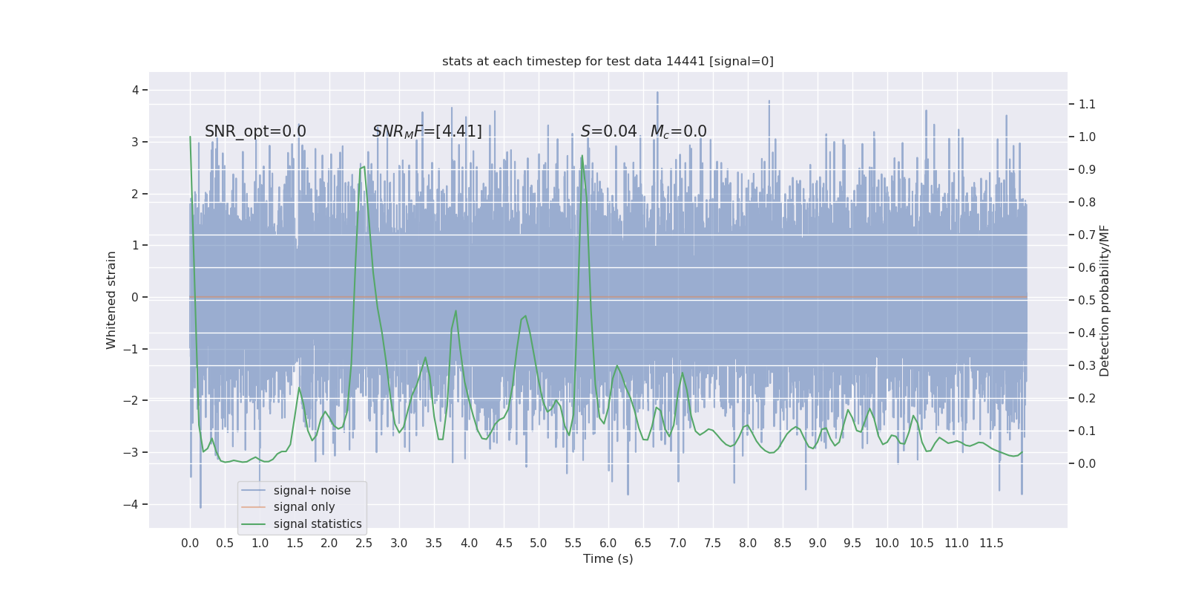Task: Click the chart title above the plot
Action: pos(608,61)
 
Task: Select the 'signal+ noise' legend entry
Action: pos(312,490)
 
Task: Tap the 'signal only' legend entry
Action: pos(303,507)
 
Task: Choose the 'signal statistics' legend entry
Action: pos(317,524)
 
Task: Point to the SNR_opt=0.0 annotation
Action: pos(255,131)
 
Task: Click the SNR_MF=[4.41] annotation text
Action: pos(427,131)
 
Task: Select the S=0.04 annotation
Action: pos(608,131)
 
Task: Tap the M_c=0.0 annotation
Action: pos(678,131)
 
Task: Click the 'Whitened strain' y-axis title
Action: pos(111,300)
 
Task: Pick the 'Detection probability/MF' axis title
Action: pos(1105,300)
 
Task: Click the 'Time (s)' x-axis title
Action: pos(608,558)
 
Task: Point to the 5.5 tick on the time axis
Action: pos(573,543)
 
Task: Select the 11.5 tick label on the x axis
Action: pos(991,543)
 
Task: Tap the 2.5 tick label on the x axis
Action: pos(364,543)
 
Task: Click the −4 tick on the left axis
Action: pos(134,504)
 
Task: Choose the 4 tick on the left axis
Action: pos(135,90)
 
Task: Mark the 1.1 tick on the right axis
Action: pos(1087,104)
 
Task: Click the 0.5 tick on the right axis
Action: pos(1087,300)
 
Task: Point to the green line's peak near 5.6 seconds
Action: pos(582,156)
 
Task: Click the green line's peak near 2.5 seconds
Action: pos(364,167)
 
